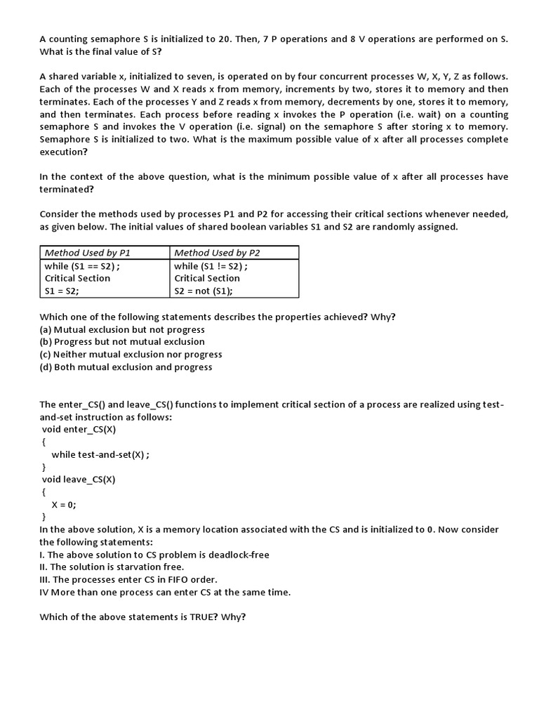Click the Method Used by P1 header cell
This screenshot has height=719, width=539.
tap(88, 253)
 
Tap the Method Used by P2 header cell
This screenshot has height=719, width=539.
tap(217, 253)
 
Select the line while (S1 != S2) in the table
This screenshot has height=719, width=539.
tap(211, 266)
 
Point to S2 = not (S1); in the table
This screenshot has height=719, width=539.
tap(203, 291)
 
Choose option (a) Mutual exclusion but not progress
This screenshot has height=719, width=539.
tap(122, 329)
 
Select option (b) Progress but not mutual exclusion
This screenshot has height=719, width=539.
tap(122, 342)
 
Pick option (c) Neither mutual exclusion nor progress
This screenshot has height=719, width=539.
tap(131, 355)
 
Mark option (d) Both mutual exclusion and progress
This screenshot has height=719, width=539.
tap(126, 367)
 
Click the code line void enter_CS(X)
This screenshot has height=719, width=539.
tap(79, 429)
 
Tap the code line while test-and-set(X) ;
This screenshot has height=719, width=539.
tap(100, 454)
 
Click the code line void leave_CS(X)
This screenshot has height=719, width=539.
tap(79, 480)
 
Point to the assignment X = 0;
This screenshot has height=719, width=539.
tap(64, 505)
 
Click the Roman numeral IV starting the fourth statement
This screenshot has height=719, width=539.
tap(44, 592)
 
